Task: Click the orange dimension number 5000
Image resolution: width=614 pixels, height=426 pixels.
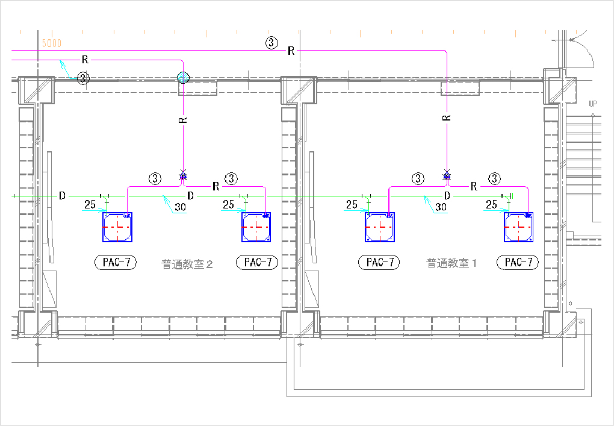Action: (x=52, y=44)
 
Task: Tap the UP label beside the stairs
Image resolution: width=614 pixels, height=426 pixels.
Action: (x=593, y=104)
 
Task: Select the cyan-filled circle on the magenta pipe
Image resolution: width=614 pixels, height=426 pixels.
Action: (x=184, y=77)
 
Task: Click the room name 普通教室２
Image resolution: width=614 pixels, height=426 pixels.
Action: (x=187, y=263)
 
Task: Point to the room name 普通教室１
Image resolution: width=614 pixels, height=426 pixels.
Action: (x=451, y=263)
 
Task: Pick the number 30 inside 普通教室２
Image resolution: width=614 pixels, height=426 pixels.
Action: (x=179, y=207)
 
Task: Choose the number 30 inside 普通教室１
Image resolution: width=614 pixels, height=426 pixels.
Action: (x=441, y=207)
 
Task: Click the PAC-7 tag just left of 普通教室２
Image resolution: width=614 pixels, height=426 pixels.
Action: (x=116, y=262)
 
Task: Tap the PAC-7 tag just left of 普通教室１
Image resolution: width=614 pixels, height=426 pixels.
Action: (x=379, y=262)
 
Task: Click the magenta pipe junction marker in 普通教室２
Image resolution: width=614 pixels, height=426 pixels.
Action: (x=184, y=177)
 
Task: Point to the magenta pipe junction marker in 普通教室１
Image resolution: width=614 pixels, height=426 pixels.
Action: (x=447, y=177)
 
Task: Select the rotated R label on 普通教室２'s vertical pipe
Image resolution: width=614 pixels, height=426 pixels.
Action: (x=184, y=119)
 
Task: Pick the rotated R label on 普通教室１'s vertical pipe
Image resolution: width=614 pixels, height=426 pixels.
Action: (x=447, y=117)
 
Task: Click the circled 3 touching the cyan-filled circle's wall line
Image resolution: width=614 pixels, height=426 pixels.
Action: (x=84, y=78)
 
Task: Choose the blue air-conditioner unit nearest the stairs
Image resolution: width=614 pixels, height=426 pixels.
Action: (x=518, y=227)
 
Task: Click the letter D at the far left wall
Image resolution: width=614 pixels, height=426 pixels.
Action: (x=61, y=196)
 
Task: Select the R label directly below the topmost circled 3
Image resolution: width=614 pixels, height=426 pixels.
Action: (x=291, y=51)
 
